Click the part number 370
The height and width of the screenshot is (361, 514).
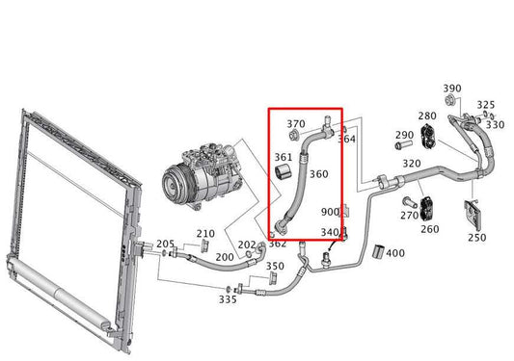[296, 124]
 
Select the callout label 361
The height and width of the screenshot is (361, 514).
[284, 156]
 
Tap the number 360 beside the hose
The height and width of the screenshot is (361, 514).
[318, 174]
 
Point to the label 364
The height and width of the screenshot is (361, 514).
[346, 139]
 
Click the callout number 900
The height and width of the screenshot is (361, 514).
[330, 212]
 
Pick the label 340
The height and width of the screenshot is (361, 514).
[330, 232]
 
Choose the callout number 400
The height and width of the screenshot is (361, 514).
[395, 252]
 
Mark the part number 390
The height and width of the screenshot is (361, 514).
[452, 89]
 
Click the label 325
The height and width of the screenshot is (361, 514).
[486, 105]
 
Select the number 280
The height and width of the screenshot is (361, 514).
[427, 116]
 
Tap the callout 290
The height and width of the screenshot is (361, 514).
[404, 135]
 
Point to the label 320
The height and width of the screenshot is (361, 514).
[411, 164]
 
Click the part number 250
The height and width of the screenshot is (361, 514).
[476, 237]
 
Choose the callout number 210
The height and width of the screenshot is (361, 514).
[205, 234]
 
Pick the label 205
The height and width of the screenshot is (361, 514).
[165, 244]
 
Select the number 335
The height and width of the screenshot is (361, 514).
[227, 300]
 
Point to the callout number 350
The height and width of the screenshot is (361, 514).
[275, 267]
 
